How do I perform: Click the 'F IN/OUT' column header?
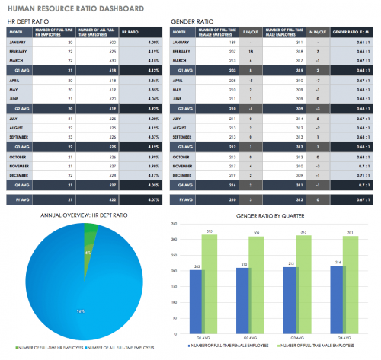click(x=269, y=33)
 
